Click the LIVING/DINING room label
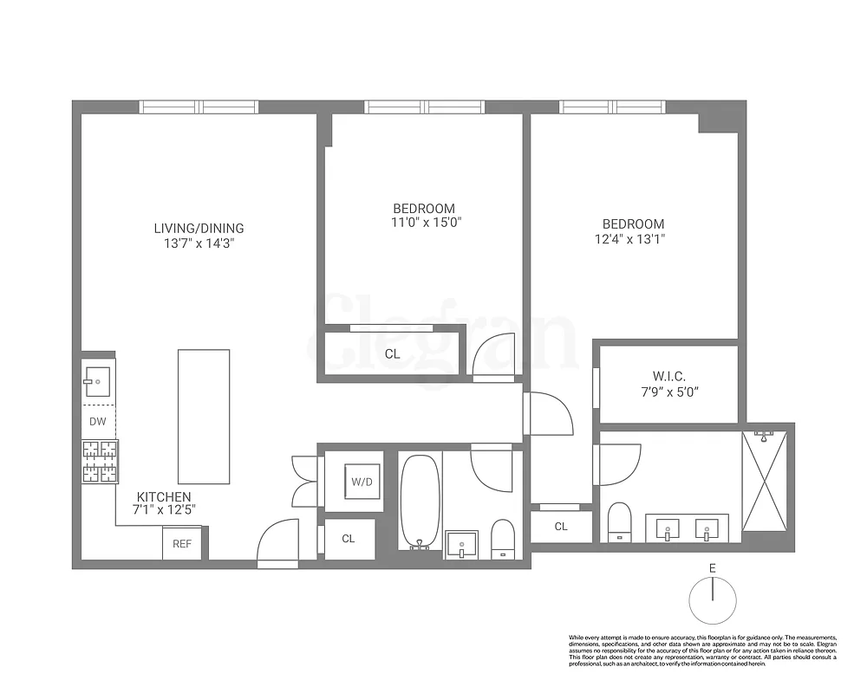199,229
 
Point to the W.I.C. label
669,377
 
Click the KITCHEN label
163,496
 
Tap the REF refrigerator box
182,544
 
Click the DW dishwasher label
97,422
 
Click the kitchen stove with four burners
100,461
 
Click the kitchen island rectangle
204,417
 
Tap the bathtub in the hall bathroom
420,501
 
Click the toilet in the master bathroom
619,521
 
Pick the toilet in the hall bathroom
503,537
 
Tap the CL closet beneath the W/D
349,538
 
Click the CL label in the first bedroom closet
392,353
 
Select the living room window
199,107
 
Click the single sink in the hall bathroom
462,544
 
